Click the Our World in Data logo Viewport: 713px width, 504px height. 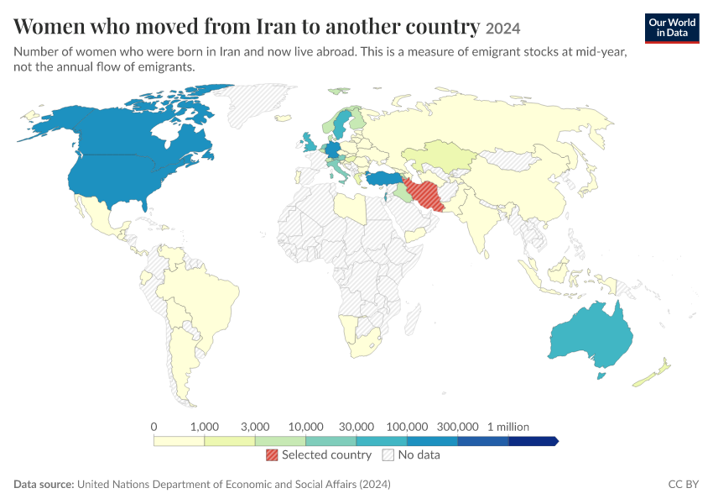(672, 29)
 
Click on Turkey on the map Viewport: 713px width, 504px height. (383, 178)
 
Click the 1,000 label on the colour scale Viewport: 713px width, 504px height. (204, 427)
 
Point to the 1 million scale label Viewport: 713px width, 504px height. (508, 427)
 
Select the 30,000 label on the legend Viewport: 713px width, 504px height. (356, 427)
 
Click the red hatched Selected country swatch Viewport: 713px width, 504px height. (272, 454)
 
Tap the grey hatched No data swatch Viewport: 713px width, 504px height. (388, 454)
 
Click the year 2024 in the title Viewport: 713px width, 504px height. (503, 29)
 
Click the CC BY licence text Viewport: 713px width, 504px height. (683, 484)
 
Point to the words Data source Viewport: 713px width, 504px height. (44, 484)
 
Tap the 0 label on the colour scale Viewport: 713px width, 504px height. (154, 427)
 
